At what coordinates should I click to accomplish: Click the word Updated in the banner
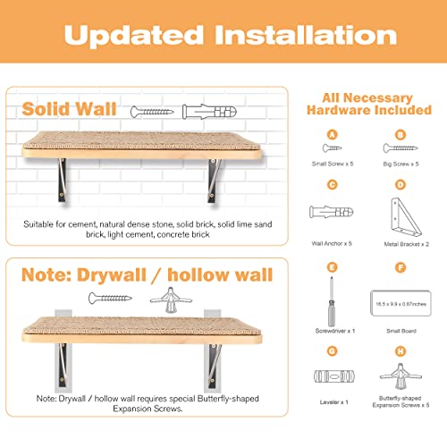(134, 36)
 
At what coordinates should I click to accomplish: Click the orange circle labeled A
(332, 135)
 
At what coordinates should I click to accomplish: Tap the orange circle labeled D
(401, 185)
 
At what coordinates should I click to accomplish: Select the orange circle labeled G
(332, 351)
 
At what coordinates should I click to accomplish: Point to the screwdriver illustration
(332, 301)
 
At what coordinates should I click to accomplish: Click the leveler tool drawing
(334, 376)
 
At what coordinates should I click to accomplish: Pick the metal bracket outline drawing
(406, 217)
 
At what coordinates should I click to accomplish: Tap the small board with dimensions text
(401, 303)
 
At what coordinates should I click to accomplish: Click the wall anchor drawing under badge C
(332, 212)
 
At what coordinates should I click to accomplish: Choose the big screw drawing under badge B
(401, 148)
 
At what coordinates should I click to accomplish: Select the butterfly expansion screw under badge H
(401, 376)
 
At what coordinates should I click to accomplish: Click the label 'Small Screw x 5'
(333, 164)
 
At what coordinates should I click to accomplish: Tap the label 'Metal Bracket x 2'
(406, 244)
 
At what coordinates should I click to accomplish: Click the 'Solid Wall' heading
(69, 109)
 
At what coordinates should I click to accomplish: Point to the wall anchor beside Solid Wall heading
(209, 112)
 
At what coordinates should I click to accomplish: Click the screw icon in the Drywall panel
(110, 298)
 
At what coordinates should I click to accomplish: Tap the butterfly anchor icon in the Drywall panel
(171, 299)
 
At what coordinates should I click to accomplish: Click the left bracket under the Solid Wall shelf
(62, 181)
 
